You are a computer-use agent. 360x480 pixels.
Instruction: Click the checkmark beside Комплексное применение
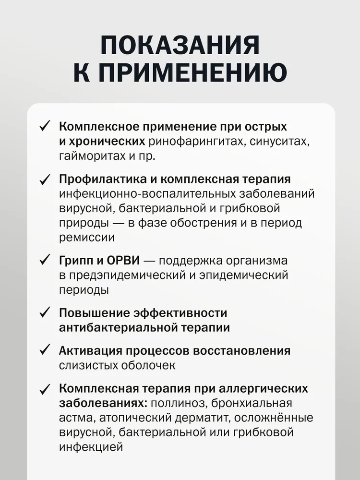(x=44, y=127)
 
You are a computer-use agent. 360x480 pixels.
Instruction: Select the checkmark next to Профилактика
(x=44, y=179)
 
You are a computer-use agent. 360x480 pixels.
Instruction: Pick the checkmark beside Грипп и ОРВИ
(x=44, y=261)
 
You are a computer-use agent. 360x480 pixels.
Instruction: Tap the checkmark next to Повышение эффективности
(x=44, y=312)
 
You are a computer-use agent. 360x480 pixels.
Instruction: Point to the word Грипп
(x=77, y=261)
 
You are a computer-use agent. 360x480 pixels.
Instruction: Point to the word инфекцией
(x=91, y=447)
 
